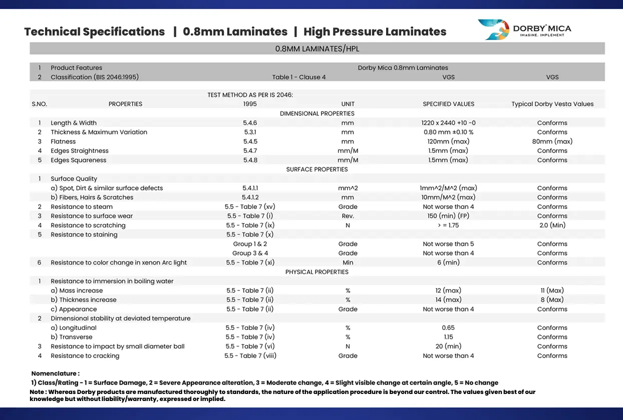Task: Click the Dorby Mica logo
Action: pyautogui.click(x=524, y=29)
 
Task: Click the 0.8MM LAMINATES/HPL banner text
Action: pyautogui.click(x=317, y=49)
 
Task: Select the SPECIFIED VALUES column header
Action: pyautogui.click(x=448, y=104)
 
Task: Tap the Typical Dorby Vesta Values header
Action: pyautogui.click(x=552, y=104)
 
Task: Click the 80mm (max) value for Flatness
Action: pyautogui.click(x=552, y=141)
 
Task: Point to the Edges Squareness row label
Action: pyautogui.click(x=79, y=160)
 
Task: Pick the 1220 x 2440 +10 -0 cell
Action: pyautogui.click(x=448, y=122)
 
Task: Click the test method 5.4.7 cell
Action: pyautogui.click(x=250, y=150)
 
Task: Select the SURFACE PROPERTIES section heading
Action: pyautogui.click(x=317, y=169)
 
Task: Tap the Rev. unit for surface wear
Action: pyautogui.click(x=348, y=216)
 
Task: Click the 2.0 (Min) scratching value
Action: pyautogui.click(x=552, y=225)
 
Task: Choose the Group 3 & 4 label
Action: pyautogui.click(x=250, y=253)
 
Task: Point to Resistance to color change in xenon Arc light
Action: pyautogui.click(x=119, y=262)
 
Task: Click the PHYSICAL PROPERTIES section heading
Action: pyautogui.click(x=317, y=272)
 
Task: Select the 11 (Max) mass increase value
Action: pyautogui.click(x=552, y=290)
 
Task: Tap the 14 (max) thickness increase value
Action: pyautogui.click(x=448, y=300)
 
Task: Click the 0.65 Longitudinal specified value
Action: pyautogui.click(x=448, y=327)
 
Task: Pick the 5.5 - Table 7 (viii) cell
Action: pyautogui.click(x=250, y=355)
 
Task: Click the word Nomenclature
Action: pyautogui.click(x=54, y=373)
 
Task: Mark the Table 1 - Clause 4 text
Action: pyautogui.click(x=298, y=77)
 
